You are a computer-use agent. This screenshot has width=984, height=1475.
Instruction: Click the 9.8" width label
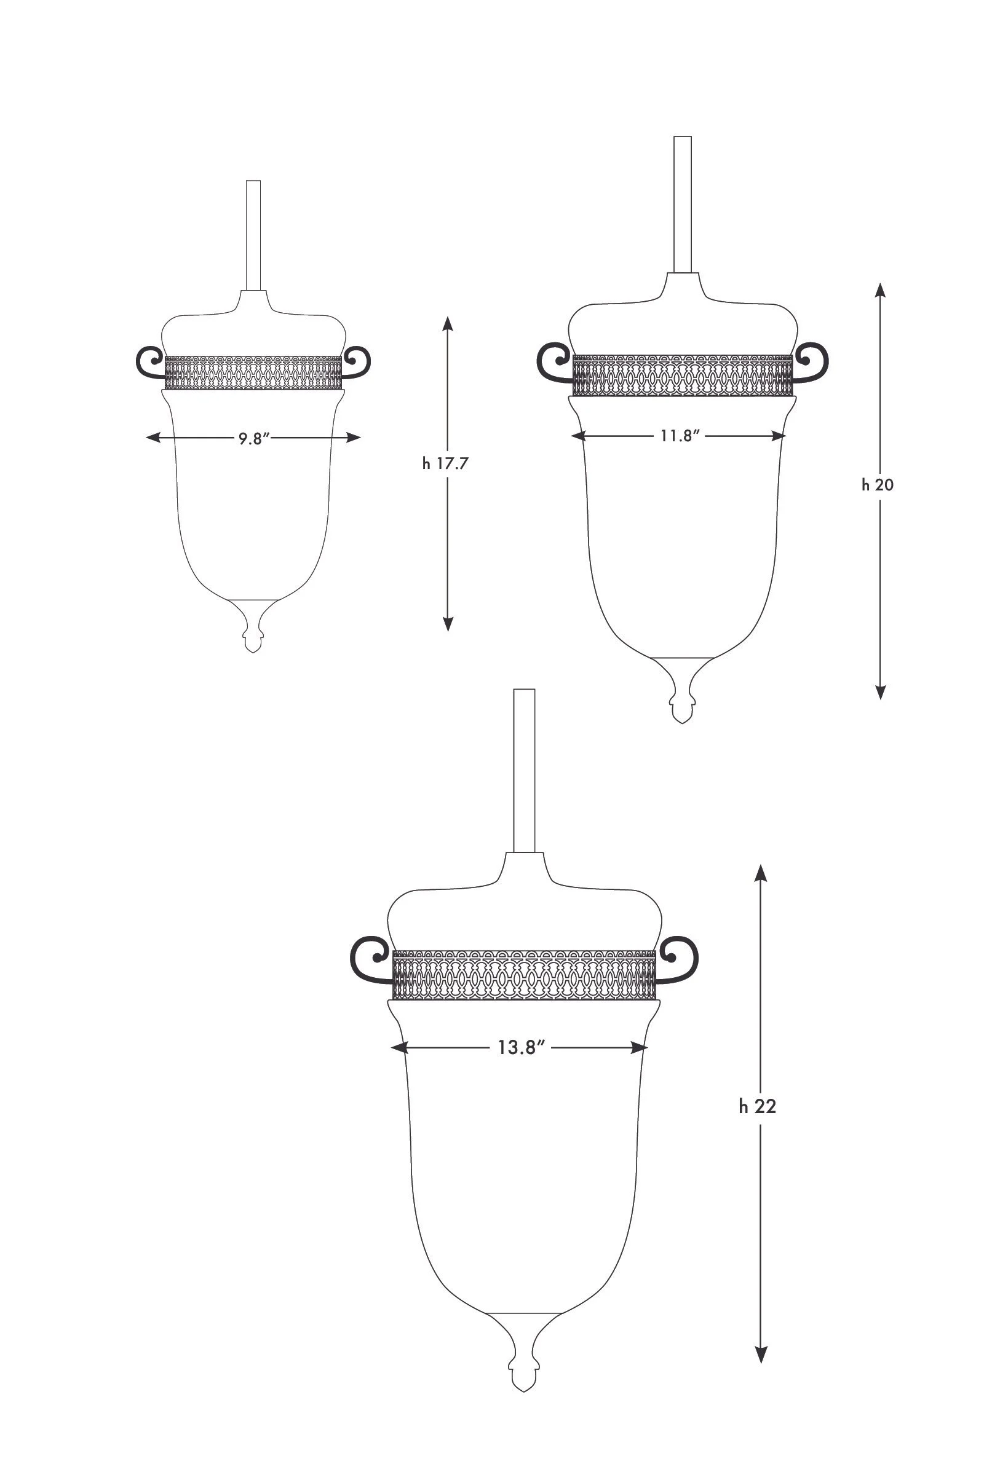pyautogui.click(x=253, y=438)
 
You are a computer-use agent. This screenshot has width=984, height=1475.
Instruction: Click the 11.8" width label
pyautogui.click(x=679, y=436)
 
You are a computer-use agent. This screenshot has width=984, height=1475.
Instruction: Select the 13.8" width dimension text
pyautogui.click(x=521, y=1047)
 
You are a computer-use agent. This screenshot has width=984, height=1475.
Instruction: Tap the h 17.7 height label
pyautogui.click(x=445, y=464)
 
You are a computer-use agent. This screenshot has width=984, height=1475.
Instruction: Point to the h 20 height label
pyautogui.click(x=878, y=485)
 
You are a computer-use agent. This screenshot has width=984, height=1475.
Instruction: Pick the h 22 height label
pyautogui.click(x=758, y=1106)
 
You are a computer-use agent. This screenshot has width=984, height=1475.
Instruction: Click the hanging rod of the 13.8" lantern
pyautogui.click(x=524, y=771)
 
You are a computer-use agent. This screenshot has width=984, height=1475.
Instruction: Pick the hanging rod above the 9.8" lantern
pyautogui.click(x=253, y=235)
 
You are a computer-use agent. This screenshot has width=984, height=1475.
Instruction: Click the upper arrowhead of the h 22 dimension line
pyautogui.click(x=761, y=873)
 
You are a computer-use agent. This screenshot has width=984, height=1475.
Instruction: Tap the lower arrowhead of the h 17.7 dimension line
pyautogui.click(x=448, y=623)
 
